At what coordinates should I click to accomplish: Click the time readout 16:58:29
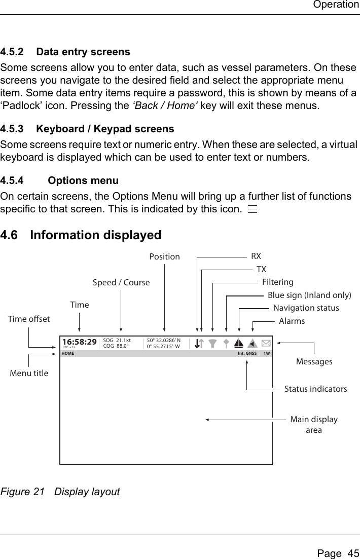tap(79, 342)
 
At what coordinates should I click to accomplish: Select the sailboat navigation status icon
tap(237, 344)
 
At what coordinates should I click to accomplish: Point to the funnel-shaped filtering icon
tap(213, 344)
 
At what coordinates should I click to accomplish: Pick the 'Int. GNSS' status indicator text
tap(247, 353)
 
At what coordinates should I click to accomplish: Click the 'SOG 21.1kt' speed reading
tap(117, 341)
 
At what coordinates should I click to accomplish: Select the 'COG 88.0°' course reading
tap(116, 347)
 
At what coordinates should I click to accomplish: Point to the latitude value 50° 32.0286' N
tap(167, 341)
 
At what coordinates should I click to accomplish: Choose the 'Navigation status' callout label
tap(306, 308)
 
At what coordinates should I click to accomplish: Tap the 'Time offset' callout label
tap(29, 319)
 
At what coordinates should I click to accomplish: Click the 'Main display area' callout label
tap(314, 425)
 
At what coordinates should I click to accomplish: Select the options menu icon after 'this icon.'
tap(253, 209)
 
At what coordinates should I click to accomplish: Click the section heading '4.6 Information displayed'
tap(81, 235)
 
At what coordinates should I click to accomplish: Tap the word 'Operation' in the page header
tap(336, 5)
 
